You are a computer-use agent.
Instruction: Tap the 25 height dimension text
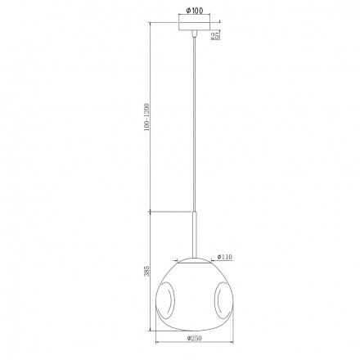point(215,36)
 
